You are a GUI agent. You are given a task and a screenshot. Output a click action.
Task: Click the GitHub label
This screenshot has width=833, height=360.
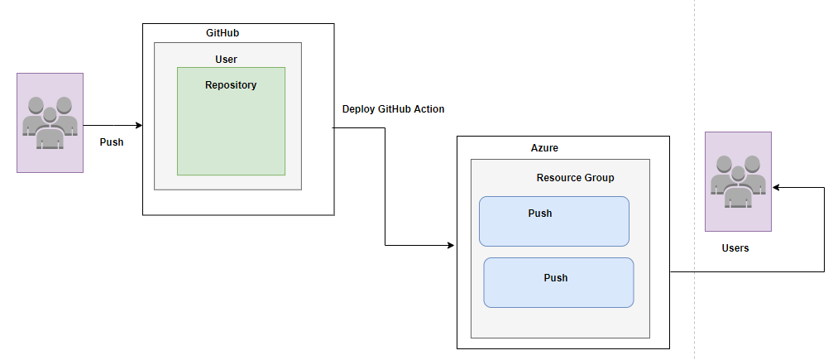pos(223,33)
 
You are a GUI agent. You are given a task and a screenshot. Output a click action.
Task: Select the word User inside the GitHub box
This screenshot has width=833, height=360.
pos(227,60)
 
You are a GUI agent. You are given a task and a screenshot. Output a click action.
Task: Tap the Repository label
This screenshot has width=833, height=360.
pos(231,85)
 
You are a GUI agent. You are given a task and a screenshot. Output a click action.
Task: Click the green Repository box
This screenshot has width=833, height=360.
pos(231,121)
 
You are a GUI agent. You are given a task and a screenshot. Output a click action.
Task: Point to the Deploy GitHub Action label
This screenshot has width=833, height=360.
pos(393,109)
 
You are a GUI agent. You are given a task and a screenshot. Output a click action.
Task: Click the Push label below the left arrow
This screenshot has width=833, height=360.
pos(112,142)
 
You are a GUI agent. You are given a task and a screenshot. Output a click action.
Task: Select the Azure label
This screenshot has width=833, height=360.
pos(544,148)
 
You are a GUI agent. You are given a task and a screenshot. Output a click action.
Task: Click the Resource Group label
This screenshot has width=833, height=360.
pos(576,178)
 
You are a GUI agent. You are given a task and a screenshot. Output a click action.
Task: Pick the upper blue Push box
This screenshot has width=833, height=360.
pos(554,221)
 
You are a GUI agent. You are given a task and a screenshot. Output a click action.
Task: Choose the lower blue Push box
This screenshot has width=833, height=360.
pos(558,282)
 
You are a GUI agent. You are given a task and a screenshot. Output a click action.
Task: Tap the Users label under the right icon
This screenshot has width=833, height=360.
pos(735,247)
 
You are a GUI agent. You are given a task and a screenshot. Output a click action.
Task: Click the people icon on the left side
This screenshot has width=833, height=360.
pos(50,122)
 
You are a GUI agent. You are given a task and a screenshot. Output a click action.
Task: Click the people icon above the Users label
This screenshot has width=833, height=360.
pos(738,181)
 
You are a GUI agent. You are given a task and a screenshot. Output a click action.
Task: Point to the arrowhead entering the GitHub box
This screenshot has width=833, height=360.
pos(140,126)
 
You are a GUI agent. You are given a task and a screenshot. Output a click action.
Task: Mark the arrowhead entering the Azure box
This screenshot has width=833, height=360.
pos(451,245)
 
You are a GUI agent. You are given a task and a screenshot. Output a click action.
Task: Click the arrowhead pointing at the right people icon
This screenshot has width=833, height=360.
pos(776,187)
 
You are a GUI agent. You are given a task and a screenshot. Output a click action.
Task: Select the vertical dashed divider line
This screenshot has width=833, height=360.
pos(694,180)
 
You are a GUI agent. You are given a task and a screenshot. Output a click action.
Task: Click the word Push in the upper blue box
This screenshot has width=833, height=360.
pos(539,214)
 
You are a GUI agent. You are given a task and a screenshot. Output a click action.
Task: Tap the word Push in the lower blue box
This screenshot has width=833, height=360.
pos(556,277)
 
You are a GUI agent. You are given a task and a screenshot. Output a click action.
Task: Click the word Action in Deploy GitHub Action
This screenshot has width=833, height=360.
pos(429,109)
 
